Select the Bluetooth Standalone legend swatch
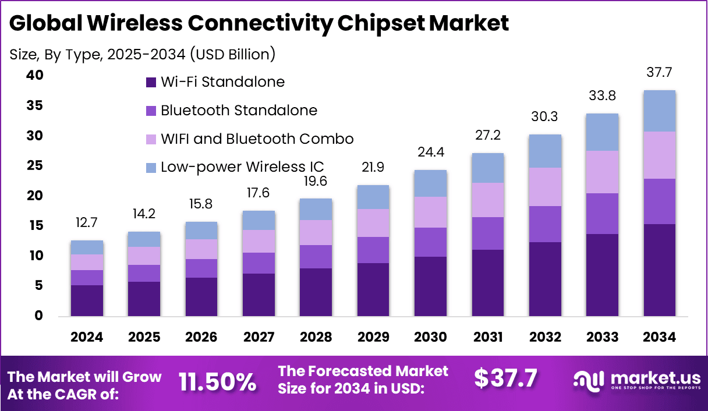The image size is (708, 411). tap(151, 111)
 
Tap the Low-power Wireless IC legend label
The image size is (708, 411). tap(242, 167)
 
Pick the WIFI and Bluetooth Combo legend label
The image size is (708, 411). tap(257, 139)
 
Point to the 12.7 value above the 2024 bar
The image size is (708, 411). tap(87, 223)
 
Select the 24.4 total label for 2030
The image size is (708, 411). tap(431, 153)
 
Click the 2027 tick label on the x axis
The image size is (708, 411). tap(259, 338)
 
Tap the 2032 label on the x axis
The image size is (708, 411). tap(546, 338)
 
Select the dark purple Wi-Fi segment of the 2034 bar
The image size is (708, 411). tap(659, 270)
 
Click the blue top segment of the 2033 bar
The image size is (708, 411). tap(602, 132)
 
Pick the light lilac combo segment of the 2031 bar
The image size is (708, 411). tap(488, 200)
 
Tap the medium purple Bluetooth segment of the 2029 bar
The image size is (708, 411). tap(373, 250)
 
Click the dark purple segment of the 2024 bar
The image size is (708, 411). tap(87, 300)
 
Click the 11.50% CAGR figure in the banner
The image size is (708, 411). tap(217, 382)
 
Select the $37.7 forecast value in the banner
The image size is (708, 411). tap(505, 378)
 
